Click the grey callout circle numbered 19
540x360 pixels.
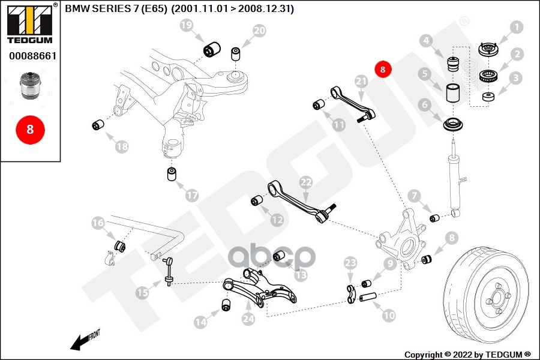[187, 25]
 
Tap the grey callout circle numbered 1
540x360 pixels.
[517, 27]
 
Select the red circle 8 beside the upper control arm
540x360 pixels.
[383, 69]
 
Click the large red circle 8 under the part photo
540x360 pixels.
[29, 129]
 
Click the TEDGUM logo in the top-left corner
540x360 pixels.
[29, 24]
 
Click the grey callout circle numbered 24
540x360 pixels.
[248, 319]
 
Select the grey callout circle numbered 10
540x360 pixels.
[389, 314]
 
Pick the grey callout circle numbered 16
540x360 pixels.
[98, 223]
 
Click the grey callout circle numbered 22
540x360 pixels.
[306, 182]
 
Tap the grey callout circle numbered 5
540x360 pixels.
[425, 75]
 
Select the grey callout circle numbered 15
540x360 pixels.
[142, 293]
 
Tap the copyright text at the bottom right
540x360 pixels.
[467, 354]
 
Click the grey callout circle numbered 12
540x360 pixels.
[277, 220]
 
